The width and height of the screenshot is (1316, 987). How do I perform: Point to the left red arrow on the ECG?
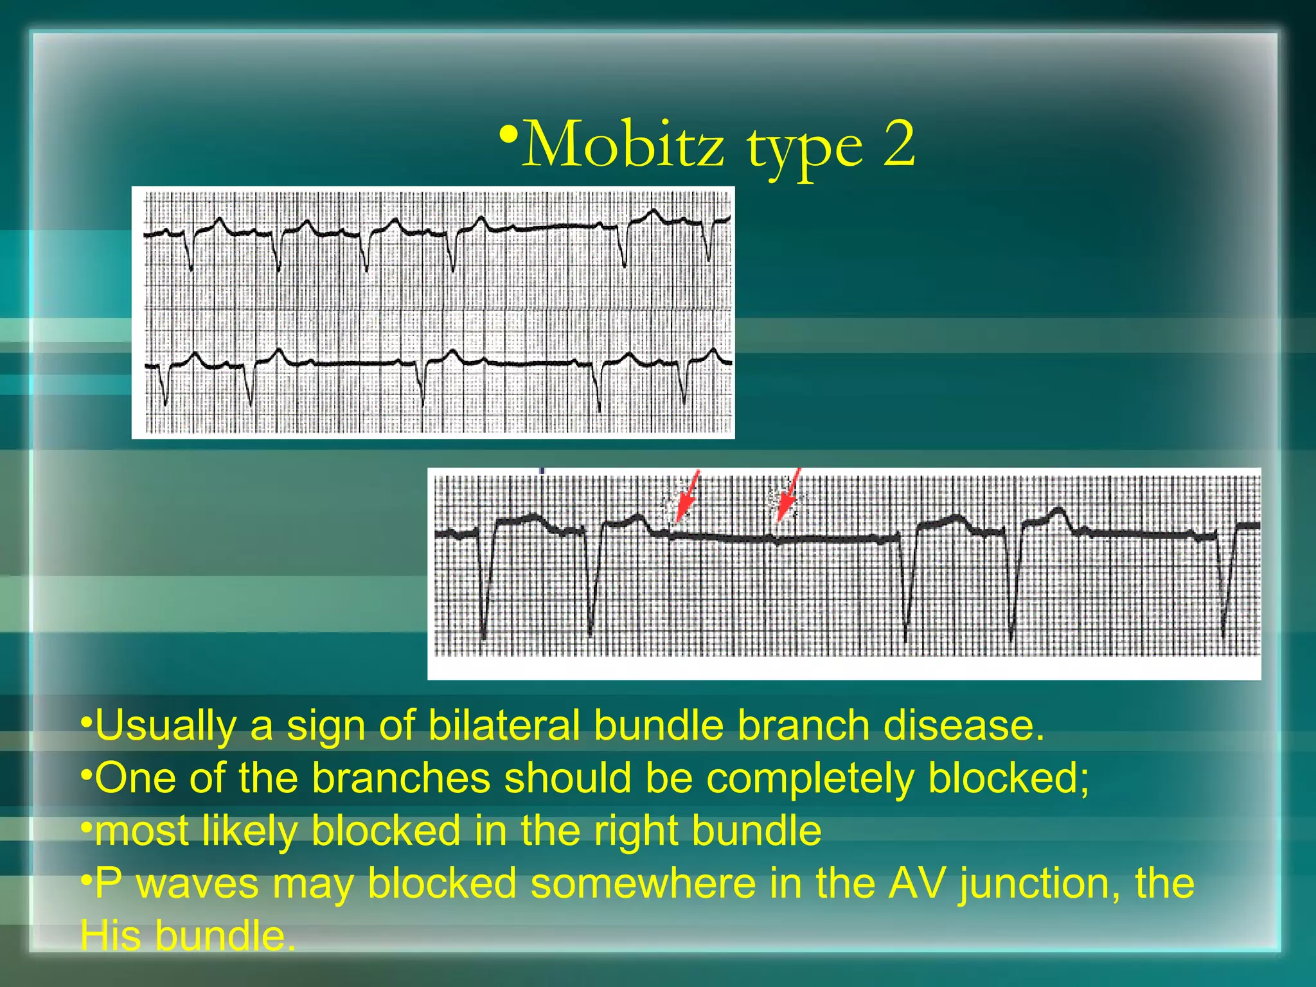pyautogui.click(x=686, y=495)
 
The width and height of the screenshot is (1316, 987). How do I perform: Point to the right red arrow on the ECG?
pyautogui.click(x=788, y=495)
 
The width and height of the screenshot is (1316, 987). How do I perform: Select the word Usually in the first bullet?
pyautogui.click(x=166, y=726)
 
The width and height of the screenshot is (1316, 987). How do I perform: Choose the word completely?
pyautogui.click(x=810, y=779)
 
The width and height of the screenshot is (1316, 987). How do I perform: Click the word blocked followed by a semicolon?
pyautogui.click(x=1008, y=778)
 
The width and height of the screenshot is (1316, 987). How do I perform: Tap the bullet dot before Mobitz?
pyautogui.click(x=508, y=136)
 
